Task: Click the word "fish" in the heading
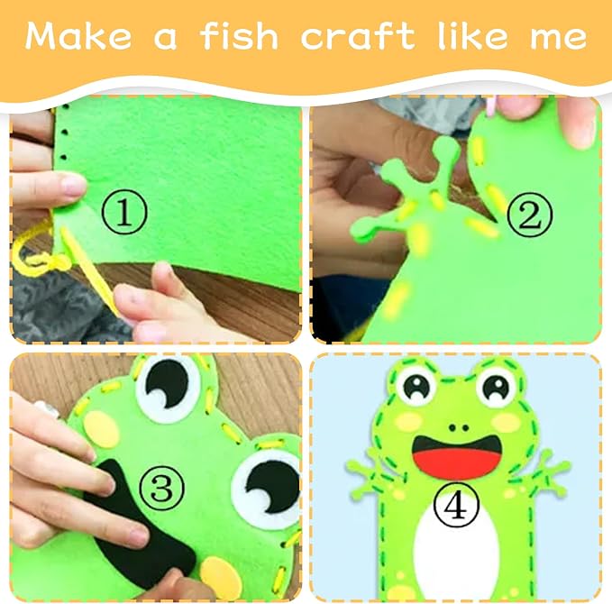239,36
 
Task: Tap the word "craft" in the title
357,36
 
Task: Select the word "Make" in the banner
78,36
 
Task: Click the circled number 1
124,213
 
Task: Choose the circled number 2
530,214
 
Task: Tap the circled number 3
162,488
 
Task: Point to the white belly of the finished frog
456,546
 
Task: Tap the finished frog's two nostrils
459,427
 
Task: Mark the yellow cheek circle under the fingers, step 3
101,429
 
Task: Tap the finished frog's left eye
416,386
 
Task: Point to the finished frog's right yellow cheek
507,422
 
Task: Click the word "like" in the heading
473,36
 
